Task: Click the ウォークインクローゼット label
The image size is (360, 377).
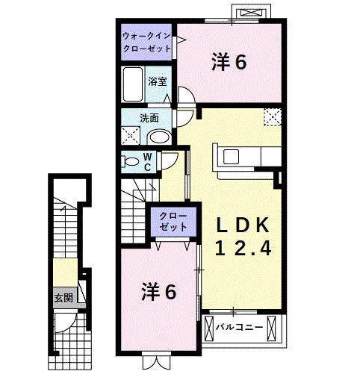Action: tap(146, 41)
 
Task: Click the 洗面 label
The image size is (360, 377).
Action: tap(149, 118)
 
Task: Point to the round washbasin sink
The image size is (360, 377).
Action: tap(158, 135)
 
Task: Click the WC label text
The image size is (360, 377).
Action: tap(148, 161)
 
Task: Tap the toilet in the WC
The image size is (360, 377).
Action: tap(131, 161)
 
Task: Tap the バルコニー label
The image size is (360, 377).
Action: tap(238, 326)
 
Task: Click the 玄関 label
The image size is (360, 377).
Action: tap(63, 297)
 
